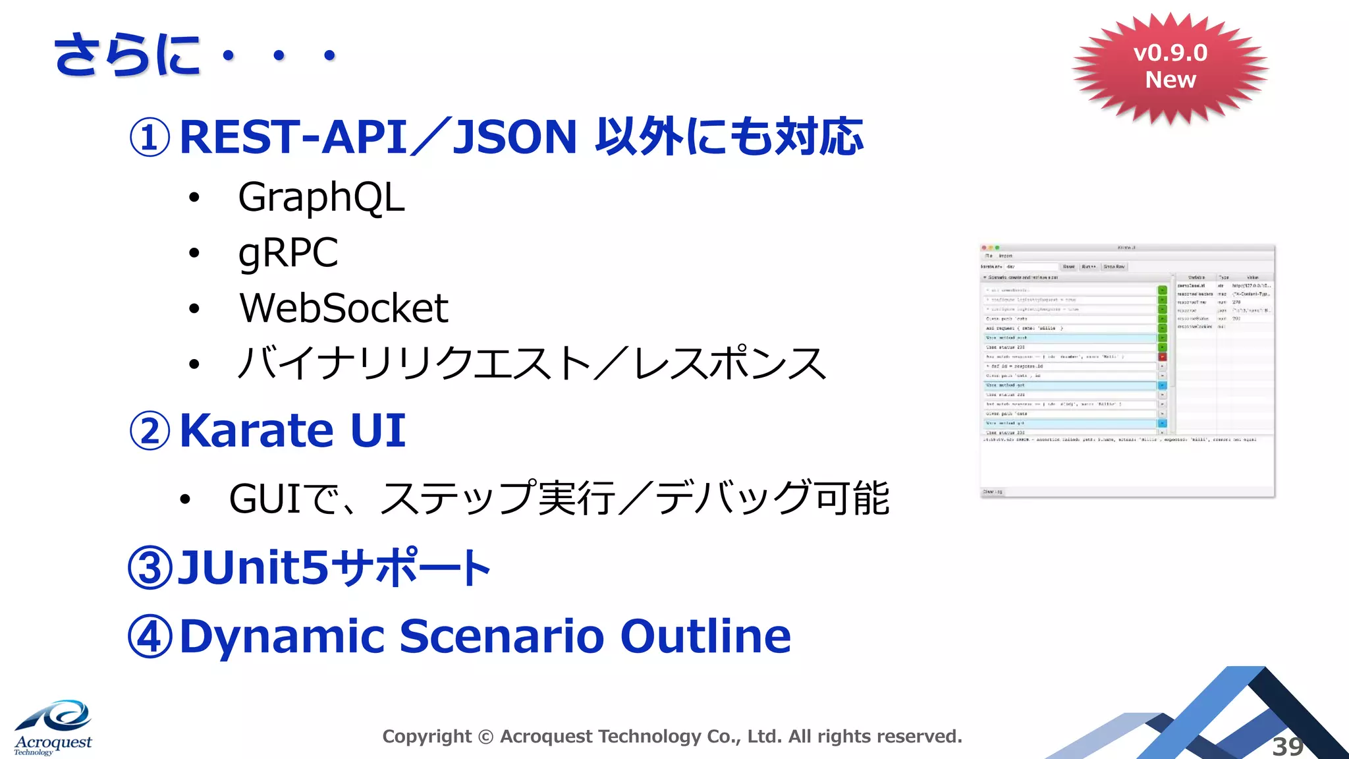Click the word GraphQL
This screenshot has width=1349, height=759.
(321, 197)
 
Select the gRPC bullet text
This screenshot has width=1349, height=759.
(288, 253)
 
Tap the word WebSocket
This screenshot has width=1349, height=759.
(343, 308)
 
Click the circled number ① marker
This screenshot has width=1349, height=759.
(150, 138)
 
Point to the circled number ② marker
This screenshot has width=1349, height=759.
(150, 432)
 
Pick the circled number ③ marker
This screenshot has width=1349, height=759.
(150, 568)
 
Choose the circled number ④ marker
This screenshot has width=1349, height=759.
(150, 637)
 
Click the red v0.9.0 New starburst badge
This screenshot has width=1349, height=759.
(1170, 67)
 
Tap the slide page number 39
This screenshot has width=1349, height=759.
(1287, 746)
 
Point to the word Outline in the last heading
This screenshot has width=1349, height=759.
(705, 636)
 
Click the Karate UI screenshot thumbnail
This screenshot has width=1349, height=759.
(1127, 371)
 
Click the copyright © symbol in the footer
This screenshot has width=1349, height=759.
(485, 737)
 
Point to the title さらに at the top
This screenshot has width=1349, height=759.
(127, 55)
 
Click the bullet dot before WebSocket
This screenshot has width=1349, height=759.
(194, 308)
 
